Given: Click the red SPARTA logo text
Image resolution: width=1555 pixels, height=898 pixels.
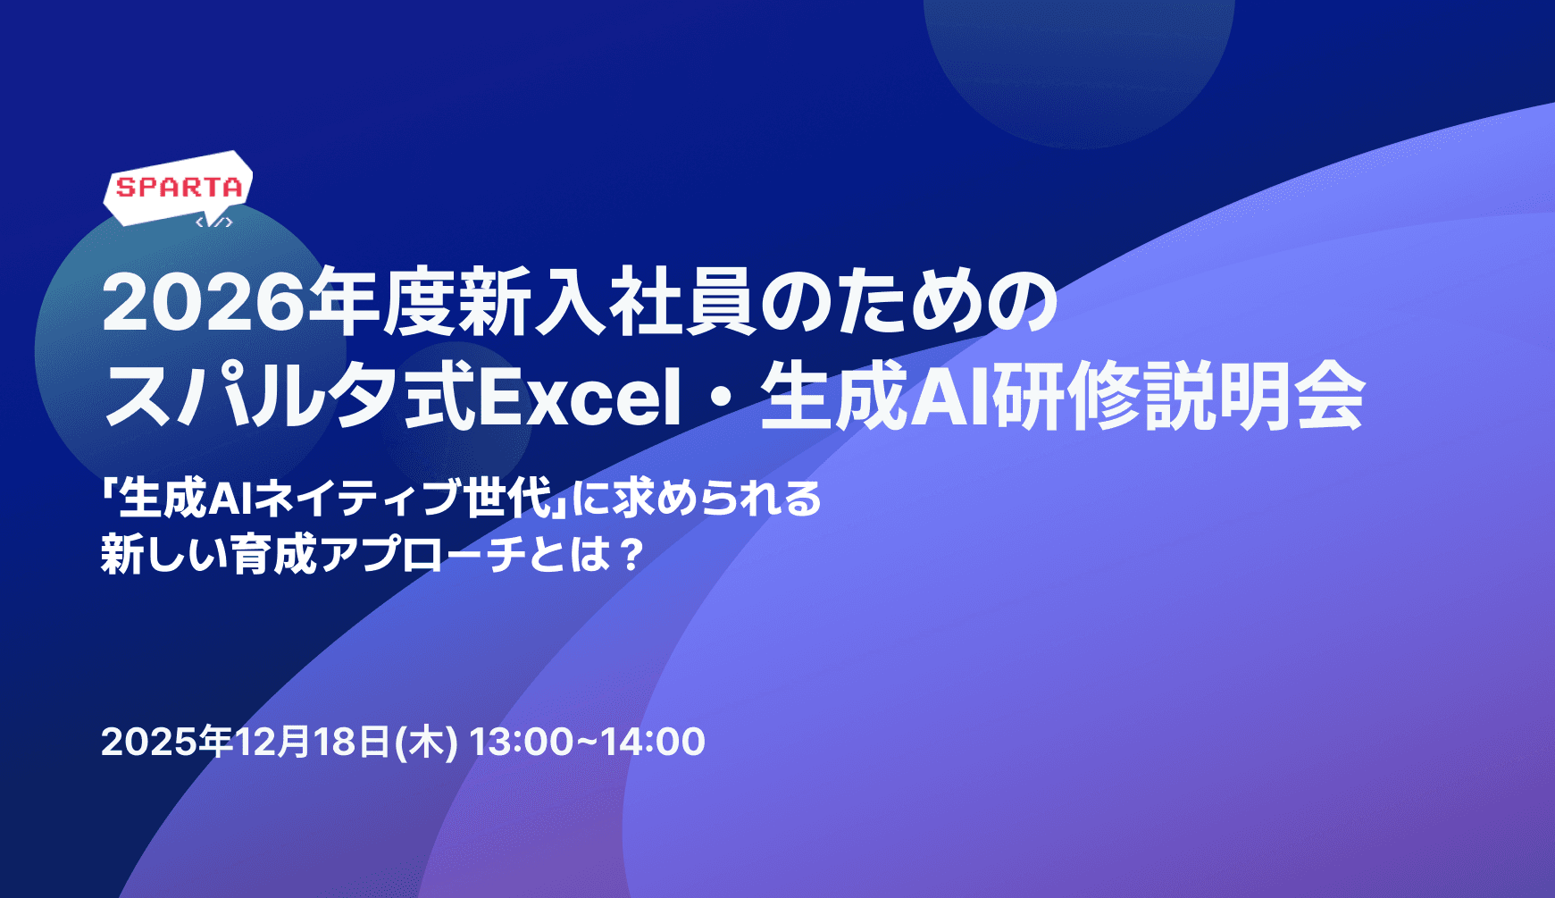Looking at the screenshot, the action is [x=180, y=188].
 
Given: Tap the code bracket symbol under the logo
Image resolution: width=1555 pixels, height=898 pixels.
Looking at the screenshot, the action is [x=214, y=222].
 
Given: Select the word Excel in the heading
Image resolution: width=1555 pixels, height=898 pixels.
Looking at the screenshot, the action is [x=581, y=398].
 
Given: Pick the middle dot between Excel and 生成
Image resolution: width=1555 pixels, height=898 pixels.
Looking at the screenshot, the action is [x=721, y=399].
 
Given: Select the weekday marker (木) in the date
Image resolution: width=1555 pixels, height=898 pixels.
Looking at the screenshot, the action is [x=427, y=743].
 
